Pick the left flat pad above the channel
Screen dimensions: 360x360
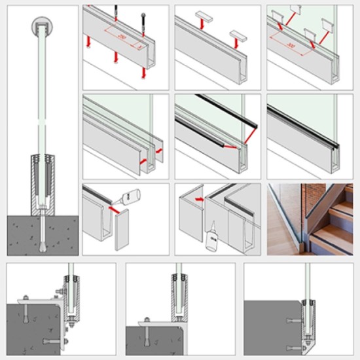click(202, 14)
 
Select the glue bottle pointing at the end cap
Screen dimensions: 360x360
click(133, 196)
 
